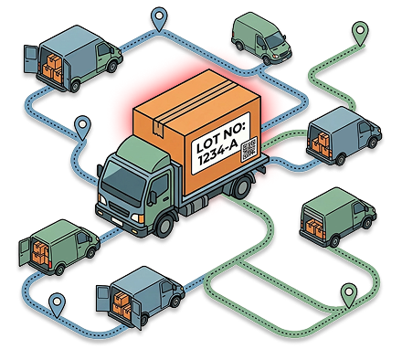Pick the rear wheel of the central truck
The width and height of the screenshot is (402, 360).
242,187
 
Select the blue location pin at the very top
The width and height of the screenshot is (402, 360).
162,16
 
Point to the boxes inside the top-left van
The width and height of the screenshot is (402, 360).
52,66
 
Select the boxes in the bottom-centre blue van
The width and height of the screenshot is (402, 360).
122,300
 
